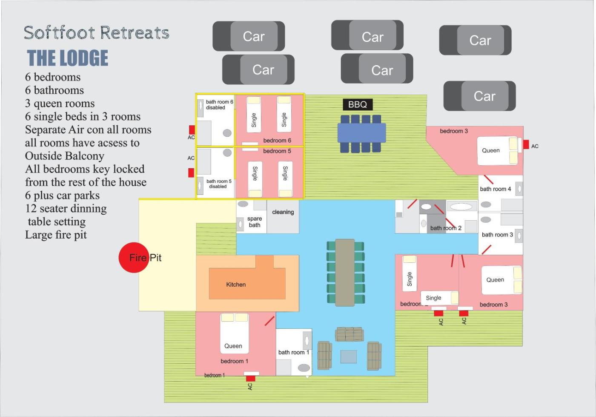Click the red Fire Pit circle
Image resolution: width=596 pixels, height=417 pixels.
point(134,258)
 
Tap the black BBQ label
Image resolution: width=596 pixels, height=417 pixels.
point(358,104)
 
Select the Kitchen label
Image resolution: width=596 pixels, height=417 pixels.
point(236,285)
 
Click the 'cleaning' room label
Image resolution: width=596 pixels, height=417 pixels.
point(283,212)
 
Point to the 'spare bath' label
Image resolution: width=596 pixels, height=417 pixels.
point(255,222)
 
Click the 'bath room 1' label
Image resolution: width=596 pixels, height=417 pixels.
point(294,352)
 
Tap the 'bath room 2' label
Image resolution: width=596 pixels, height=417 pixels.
point(446,228)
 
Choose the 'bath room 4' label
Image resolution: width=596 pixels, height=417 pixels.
point(496,189)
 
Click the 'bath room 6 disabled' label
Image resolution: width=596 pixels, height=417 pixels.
point(219,105)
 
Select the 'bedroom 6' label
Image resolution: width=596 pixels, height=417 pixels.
point(277,140)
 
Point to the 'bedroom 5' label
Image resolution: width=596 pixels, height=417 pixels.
point(277,151)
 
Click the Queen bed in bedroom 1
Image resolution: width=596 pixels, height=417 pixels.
point(235,334)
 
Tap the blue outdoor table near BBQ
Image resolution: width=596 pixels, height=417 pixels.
point(361,132)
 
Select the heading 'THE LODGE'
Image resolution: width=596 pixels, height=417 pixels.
point(68,58)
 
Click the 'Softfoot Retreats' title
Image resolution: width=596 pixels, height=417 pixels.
point(97,32)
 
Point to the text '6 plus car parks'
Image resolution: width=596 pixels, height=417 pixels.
point(62,196)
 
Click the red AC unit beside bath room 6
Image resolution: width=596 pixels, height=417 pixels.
point(192,130)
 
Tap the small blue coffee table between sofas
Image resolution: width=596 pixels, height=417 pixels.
point(349,357)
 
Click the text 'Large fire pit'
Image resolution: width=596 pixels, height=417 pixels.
point(56,235)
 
